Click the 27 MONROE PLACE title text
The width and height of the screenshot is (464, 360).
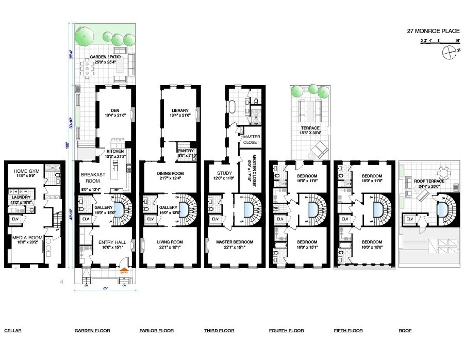coord(433,31)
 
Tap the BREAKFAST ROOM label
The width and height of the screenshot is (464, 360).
coord(93,177)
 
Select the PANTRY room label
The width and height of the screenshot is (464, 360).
coord(185,150)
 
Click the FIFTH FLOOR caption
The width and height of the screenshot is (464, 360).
coord(349,331)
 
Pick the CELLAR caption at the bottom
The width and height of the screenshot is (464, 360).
coord(13,331)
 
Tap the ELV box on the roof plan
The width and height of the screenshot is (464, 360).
coord(410,219)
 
